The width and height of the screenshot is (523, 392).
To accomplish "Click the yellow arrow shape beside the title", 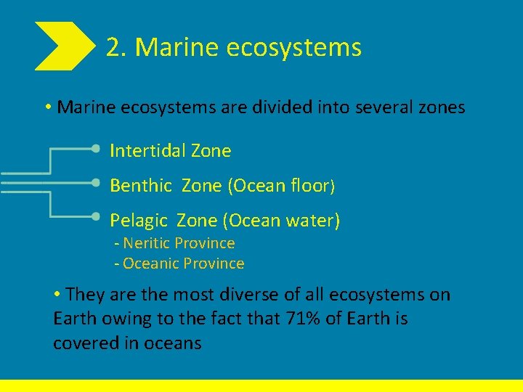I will pos(64,46).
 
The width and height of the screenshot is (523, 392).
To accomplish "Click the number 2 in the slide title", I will pos(113,48).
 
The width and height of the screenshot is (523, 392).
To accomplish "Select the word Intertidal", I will pos(147,151).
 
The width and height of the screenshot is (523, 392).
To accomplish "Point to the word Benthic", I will pos(140,186).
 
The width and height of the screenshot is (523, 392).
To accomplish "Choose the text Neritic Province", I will pos(178,243).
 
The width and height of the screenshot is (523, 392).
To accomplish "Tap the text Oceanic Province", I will pos(183,264).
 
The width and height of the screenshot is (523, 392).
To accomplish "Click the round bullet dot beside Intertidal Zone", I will pos(97,147).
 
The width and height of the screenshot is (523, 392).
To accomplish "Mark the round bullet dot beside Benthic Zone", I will pos(97,181).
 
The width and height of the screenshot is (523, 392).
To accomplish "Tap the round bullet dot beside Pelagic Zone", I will pos(97,216).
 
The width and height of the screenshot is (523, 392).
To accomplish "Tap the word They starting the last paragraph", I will pos(85,295).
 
